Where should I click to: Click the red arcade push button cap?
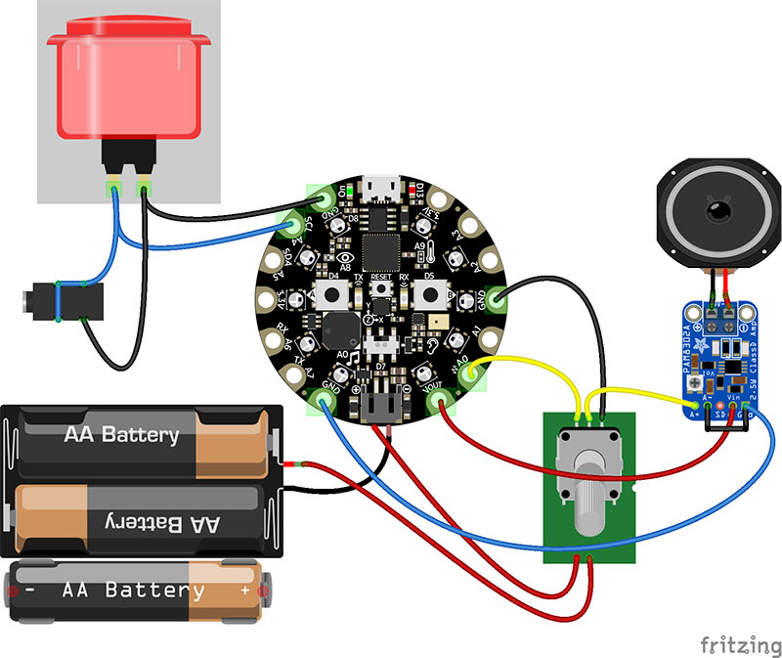click(x=131, y=83)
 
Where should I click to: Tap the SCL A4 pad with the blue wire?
click(x=292, y=227)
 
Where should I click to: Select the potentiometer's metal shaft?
click(x=588, y=499)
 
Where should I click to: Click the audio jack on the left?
click(x=58, y=299)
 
